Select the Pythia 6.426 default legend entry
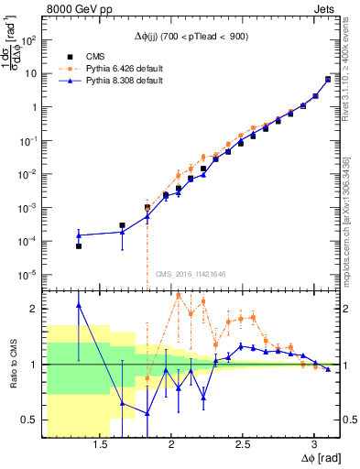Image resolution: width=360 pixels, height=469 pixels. [115, 68]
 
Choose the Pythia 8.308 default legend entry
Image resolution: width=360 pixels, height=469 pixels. [115, 81]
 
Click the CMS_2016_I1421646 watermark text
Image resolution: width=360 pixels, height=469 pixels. [190, 272]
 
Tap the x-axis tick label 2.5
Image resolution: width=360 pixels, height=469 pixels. [243, 444]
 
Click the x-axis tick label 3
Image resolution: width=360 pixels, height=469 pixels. [314, 444]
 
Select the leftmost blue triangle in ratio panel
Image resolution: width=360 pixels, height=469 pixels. [79, 305]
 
